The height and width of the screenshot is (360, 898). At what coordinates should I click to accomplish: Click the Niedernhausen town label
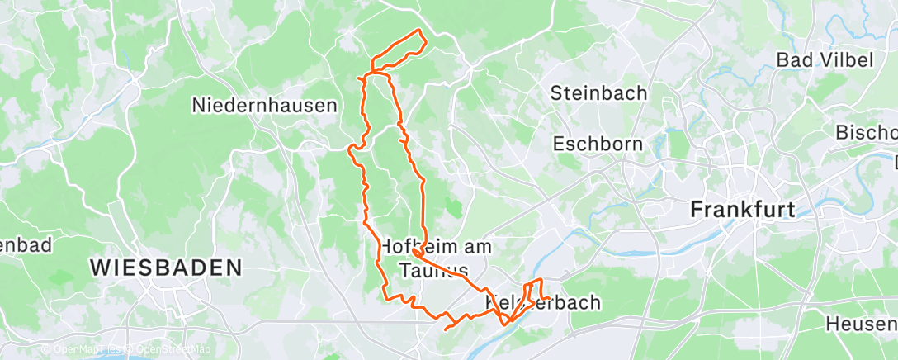pyautogui.click(x=264, y=106)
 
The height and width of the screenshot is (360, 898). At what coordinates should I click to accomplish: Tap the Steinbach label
pyautogui.click(x=599, y=92)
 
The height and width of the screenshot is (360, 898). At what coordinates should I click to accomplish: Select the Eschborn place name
pyautogui.click(x=598, y=144)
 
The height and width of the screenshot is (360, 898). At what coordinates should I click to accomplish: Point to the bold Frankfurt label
pyautogui.click(x=743, y=209)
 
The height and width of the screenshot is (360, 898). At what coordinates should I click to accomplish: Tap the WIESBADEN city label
pyautogui.click(x=165, y=268)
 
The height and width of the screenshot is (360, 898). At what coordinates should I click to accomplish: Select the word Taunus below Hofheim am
pyautogui.click(x=433, y=270)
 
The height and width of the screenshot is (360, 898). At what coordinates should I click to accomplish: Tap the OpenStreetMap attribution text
pyautogui.click(x=169, y=350)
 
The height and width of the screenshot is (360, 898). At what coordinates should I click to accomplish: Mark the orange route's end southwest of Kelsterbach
pyautogui.click(x=446, y=329)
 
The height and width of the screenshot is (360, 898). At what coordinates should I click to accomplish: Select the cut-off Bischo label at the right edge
pyautogui.click(x=867, y=132)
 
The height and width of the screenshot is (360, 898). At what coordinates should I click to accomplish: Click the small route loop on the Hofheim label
pyautogui.click(x=418, y=252)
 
